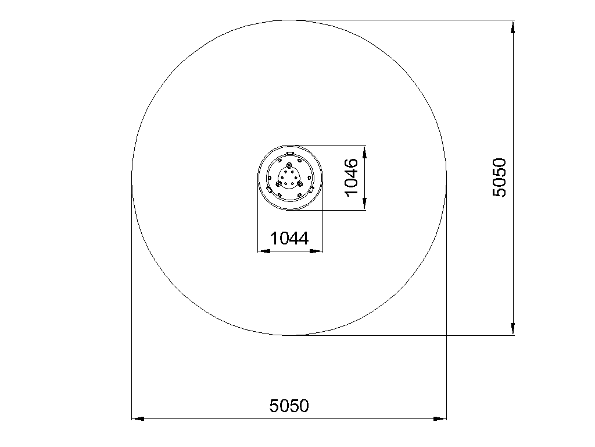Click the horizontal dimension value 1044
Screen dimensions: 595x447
click(289, 238)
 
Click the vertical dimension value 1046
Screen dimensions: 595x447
click(352, 177)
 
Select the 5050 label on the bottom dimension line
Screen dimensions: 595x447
click(289, 406)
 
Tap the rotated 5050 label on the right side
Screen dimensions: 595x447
click(499, 178)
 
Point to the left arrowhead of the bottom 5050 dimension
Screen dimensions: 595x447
click(138, 419)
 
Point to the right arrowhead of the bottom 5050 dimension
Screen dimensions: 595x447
click(440, 419)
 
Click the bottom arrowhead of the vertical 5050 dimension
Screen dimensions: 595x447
click(512, 329)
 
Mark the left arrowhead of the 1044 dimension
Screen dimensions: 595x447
click(264, 251)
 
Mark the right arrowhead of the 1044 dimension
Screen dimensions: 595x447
click(317, 251)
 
